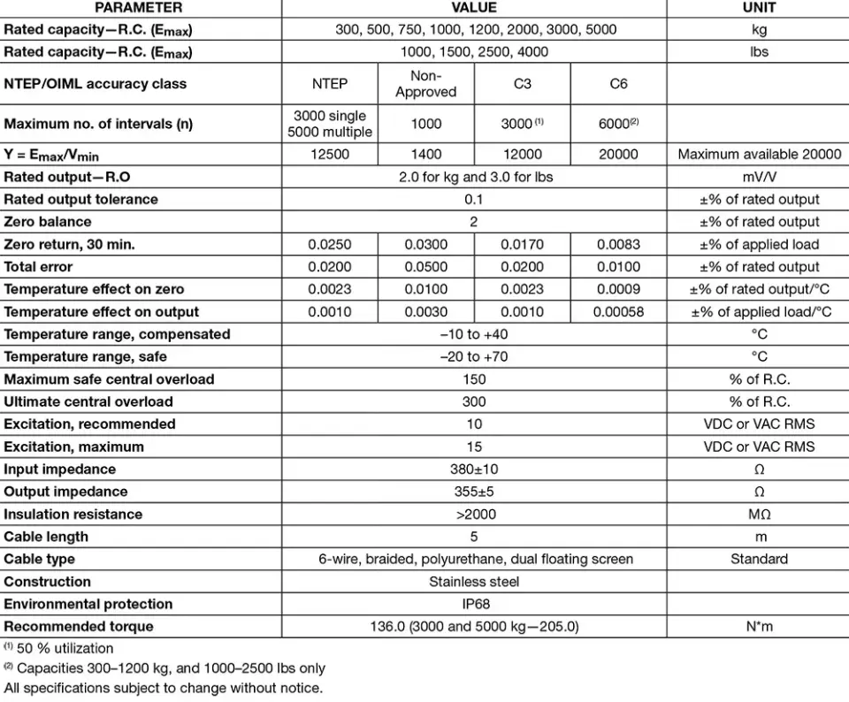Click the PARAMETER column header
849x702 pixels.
(139, 7)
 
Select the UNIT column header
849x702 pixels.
(759, 7)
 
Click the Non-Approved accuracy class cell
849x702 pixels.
(425, 84)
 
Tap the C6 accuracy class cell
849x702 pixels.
(618, 84)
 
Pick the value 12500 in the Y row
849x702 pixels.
(329, 154)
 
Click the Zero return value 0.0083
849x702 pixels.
(618, 244)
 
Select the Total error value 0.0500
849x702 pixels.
(425, 266)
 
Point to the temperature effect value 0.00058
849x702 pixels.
(618, 311)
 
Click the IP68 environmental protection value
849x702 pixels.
(474, 604)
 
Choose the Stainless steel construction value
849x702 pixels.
(474, 582)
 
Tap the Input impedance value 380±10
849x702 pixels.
(474, 469)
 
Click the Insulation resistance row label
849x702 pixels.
(73, 514)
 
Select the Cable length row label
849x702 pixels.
(46, 537)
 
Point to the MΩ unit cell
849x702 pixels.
(759, 514)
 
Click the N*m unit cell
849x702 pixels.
(759, 626)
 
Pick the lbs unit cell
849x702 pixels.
(759, 51)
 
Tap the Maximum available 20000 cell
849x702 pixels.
(759, 154)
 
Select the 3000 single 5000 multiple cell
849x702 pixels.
(329, 124)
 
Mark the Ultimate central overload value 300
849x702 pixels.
(474, 401)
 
